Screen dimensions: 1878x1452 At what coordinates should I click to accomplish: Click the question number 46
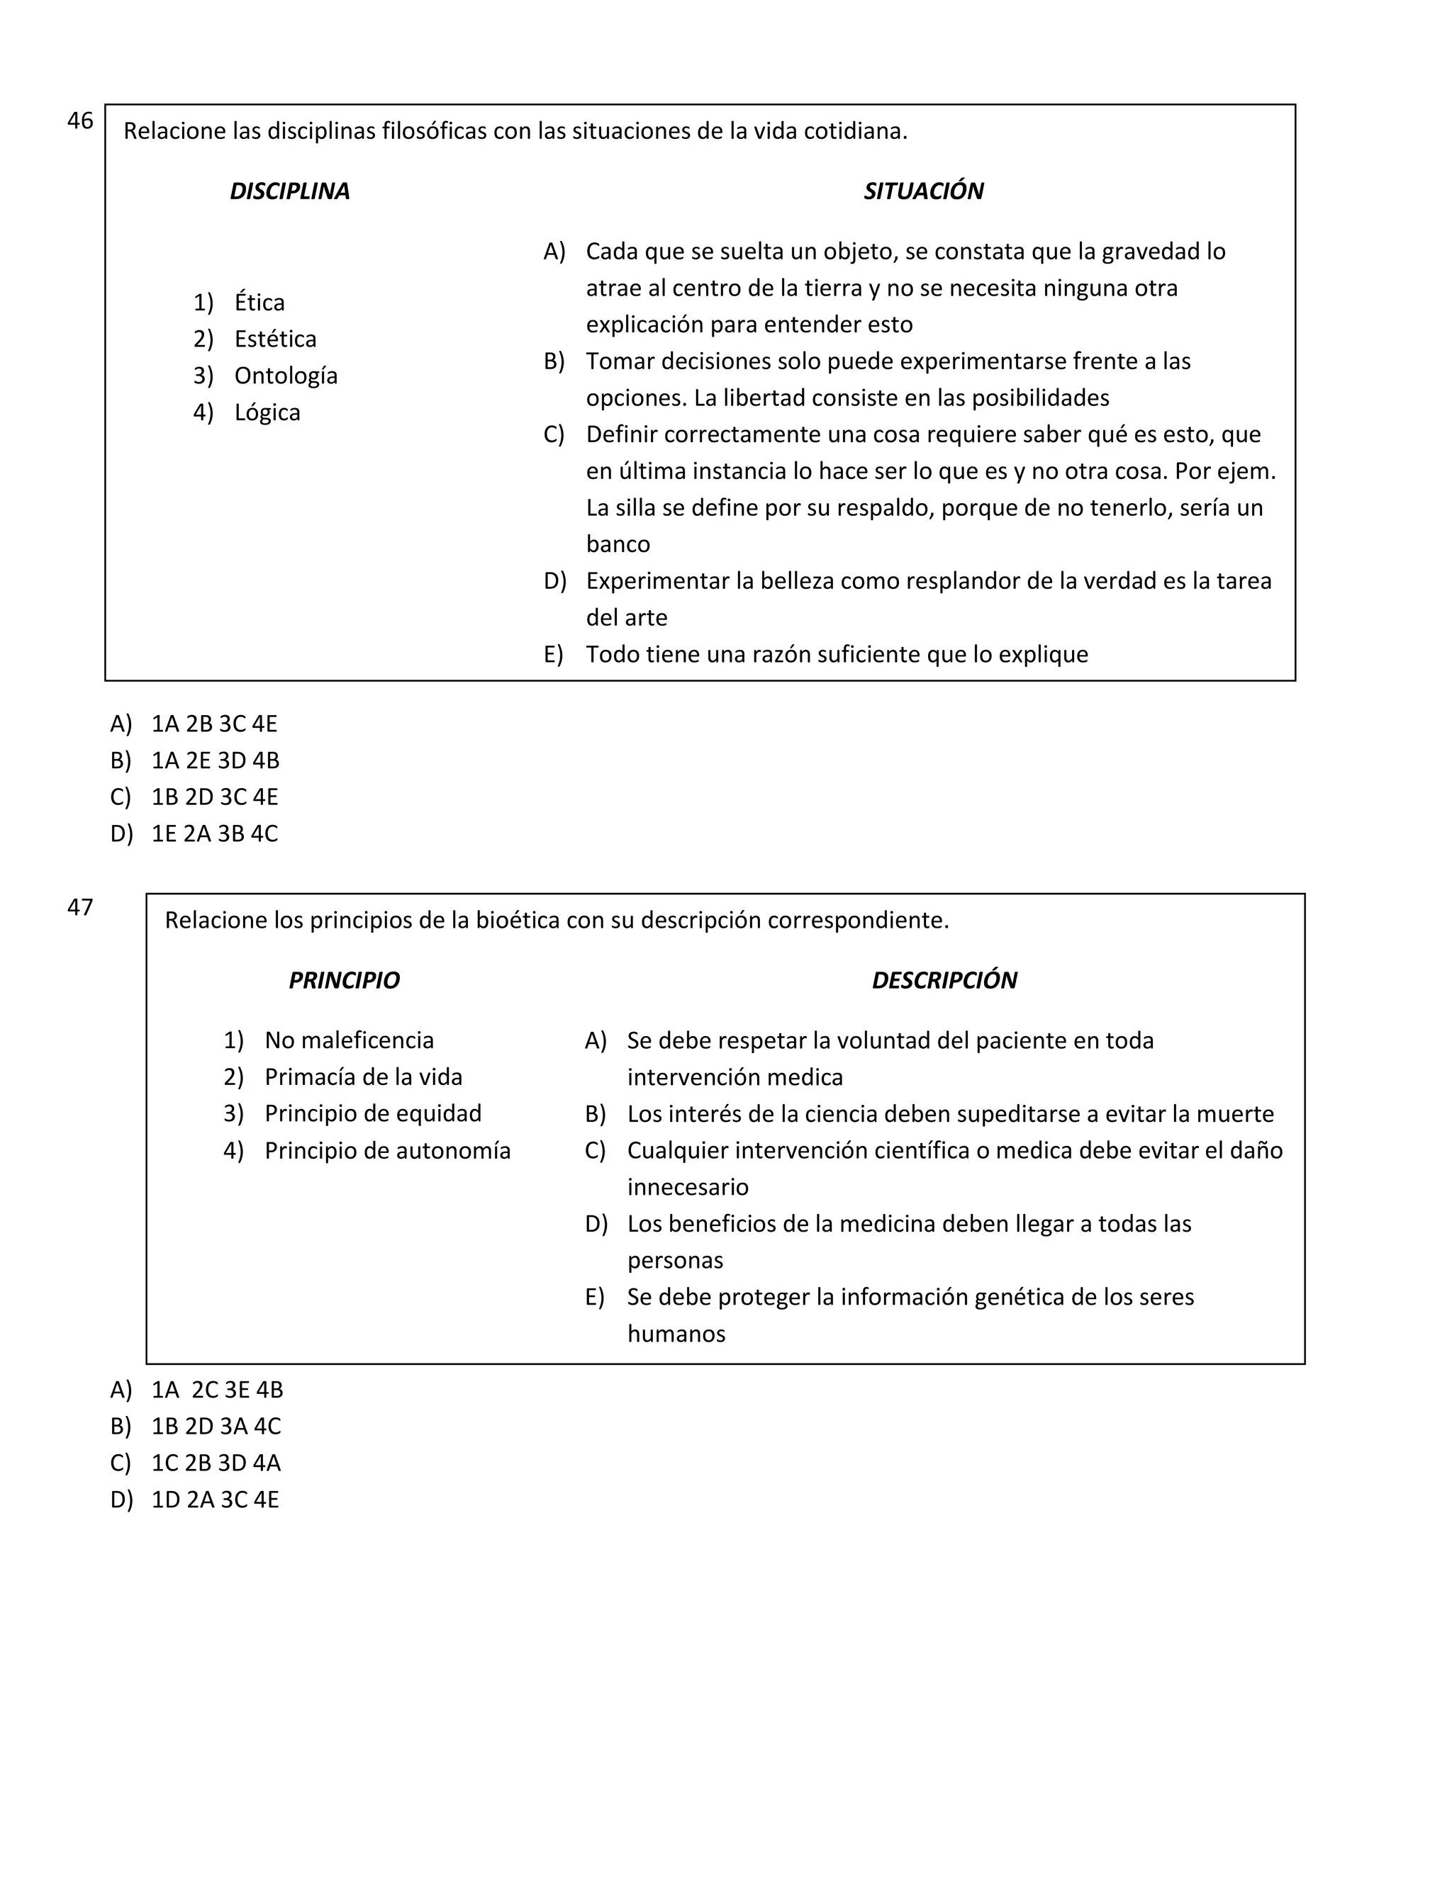[x=80, y=121]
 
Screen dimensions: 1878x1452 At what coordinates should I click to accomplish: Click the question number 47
[x=80, y=907]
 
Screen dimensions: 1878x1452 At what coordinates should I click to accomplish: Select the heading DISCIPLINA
[x=289, y=191]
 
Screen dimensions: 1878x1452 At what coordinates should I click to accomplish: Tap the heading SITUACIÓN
[x=923, y=191]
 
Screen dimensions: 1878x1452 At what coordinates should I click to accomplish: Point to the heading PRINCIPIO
[x=343, y=980]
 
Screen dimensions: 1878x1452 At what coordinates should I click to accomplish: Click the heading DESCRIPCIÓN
[x=944, y=980]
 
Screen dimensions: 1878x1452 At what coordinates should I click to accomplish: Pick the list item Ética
[x=259, y=303]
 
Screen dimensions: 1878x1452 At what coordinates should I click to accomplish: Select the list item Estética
[x=275, y=339]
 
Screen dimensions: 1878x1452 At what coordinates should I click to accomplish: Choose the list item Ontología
[x=286, y=376]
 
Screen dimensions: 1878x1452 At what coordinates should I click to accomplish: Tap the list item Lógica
[x=267, y=412]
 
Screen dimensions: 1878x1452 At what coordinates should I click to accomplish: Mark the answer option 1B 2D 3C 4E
[x=214, y=797]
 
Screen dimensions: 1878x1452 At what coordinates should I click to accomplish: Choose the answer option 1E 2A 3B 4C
[x=214, y=834]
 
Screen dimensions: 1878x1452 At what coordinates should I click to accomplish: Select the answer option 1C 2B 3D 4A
[x=216, y=1463]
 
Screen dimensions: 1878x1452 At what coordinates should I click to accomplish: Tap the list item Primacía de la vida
[x=363, y=1076]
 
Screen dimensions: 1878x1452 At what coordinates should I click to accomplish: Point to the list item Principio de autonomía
[x=387, y=1150]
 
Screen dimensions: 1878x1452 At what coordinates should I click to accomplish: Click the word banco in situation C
[x=618, y=544]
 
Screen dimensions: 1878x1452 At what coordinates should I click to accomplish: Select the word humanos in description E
[x=676, y=1334]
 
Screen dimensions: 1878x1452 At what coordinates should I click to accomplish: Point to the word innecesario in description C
[x=687, y=1188]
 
